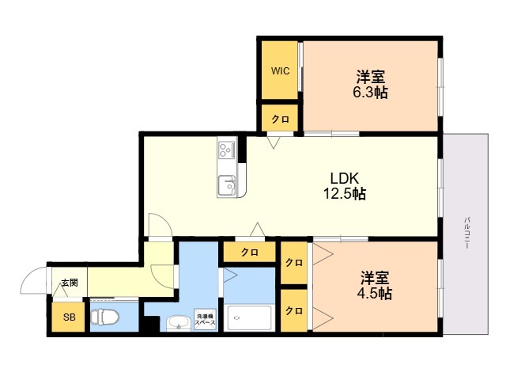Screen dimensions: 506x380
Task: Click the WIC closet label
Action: point(280,70)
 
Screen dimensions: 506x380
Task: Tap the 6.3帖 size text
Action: point(370,93)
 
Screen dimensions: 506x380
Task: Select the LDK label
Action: point(345,178)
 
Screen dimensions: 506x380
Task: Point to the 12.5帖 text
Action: point(345,193)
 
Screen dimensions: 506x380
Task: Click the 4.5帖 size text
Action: point(374,294)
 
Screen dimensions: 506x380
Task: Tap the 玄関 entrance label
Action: point(70,283)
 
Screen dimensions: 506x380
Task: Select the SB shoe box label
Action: point(69,317)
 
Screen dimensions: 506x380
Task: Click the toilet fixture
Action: point(104,317)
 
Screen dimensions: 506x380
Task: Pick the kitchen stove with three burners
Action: point(227,149)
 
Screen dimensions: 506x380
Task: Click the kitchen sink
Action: point(227,186)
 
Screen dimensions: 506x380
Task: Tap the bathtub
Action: point(250,318)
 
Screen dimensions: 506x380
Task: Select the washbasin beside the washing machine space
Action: point(178,323)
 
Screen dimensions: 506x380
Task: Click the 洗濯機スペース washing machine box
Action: point(205,320)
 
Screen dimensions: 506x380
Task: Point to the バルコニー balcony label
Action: point(466,233)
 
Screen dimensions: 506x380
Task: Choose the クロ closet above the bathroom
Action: point(250,252)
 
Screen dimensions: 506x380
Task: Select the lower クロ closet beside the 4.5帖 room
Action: point(293,310)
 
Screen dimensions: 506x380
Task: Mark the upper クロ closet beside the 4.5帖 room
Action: point(293,263)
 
